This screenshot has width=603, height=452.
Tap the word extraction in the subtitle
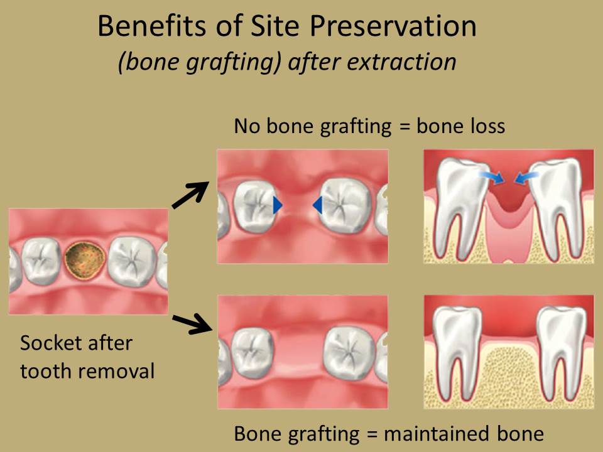point(401,62)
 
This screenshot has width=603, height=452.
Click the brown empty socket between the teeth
point(85,260)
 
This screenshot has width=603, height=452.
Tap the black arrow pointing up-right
point(190,195)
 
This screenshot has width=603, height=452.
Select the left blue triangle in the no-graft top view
point(277,205)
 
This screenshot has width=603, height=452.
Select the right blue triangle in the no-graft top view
point(318,205)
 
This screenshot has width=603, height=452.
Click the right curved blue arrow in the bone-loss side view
point(526,177)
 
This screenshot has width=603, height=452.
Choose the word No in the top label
point(247,126)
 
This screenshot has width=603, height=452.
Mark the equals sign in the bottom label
point(371,434)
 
